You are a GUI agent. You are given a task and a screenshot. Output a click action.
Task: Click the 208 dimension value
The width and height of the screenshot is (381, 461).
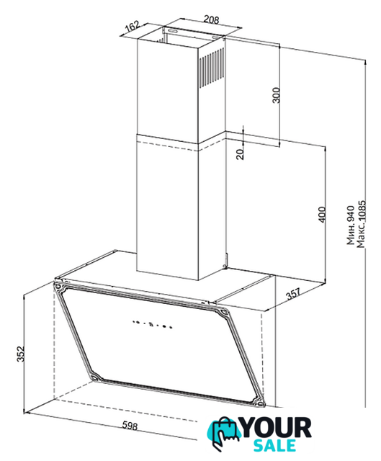[211, 19]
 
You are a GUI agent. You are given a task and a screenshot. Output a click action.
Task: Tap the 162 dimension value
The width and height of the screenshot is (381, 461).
[132, 27]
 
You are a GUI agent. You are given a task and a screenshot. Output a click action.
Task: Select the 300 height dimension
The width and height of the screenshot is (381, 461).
[277, 95]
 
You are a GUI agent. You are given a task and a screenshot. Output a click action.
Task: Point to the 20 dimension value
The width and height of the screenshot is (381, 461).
[241, 153]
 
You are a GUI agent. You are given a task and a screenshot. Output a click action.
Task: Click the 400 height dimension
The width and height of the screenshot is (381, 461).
[322, 215]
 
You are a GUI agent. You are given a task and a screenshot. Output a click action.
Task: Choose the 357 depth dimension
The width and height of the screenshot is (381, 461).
[293, 293]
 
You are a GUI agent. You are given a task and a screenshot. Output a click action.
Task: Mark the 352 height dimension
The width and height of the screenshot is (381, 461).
[20, 354]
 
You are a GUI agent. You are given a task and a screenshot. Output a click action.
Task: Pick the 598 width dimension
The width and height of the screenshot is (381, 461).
[130, 426]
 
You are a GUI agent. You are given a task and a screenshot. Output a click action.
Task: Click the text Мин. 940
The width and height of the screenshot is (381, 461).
[351, 225]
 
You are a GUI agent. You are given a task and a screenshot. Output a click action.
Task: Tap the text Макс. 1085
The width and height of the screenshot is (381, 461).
[361, 224]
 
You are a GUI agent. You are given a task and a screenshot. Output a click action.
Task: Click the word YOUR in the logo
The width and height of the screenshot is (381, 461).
[277, 429]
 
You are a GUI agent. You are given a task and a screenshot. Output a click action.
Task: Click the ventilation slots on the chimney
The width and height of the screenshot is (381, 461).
[211, 68]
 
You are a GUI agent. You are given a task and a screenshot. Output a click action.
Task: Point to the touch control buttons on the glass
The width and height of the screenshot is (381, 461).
[152, 324]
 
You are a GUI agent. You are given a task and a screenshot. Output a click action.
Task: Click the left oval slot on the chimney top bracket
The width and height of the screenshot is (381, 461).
[173, 30]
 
